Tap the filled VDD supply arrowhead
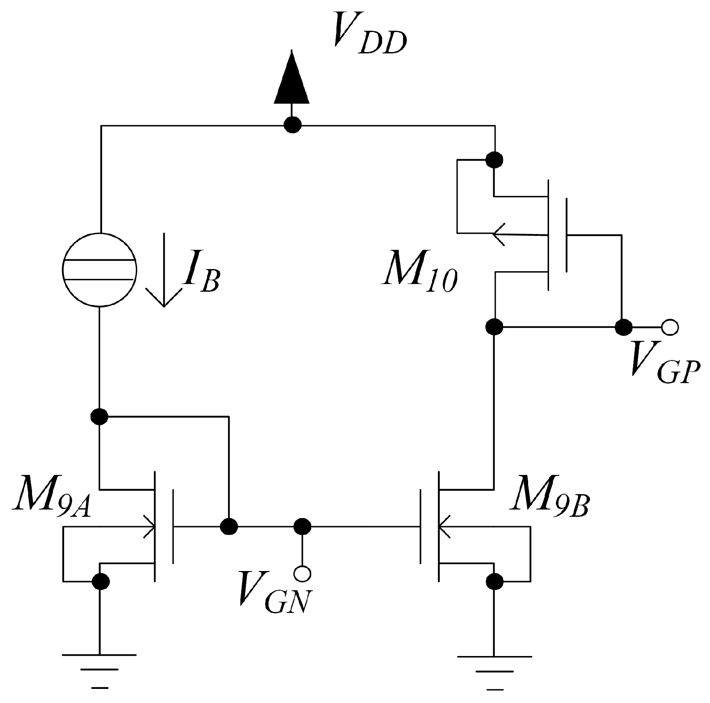click(x=292, y=79)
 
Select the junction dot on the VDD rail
click(x=292, y=126)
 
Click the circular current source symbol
click(x=99, y=269)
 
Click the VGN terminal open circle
click(x=303, y=573)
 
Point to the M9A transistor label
click(x=51, y=497)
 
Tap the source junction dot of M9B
click(x=495, y=580)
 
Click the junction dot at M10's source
click(x=494, y=160)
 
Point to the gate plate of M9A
click(x=173, y=526)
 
